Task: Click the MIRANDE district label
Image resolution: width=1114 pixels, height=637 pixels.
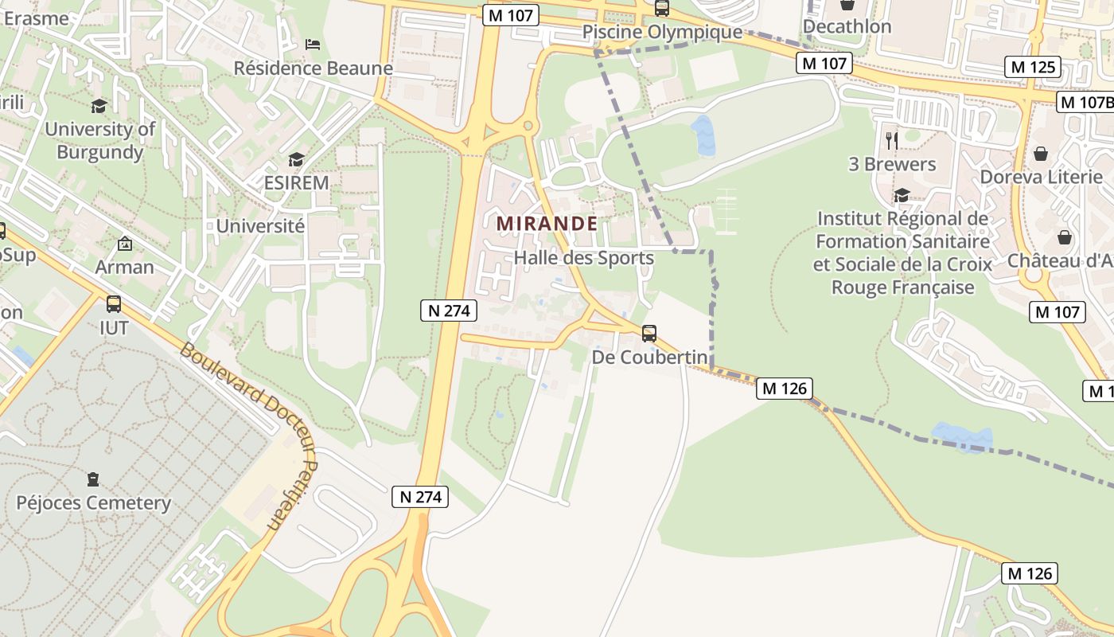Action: [x=547, y=224]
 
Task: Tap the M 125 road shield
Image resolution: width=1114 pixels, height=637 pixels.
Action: [x=1034, y=67]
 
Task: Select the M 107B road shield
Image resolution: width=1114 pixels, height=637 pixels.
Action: [x=1085, y=102]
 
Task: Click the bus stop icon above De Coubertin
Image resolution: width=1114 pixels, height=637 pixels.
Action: [x=649, y=334]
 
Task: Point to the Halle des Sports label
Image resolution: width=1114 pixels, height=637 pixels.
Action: [x=583, y=258]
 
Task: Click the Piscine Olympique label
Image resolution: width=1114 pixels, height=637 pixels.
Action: [x=662, y=33]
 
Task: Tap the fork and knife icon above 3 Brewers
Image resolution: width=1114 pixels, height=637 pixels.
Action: [x=891, y=141]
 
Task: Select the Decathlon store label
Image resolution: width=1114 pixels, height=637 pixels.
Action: [x=847, y=26]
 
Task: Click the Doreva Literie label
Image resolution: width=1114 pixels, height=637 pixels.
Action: [x=1041, y=177]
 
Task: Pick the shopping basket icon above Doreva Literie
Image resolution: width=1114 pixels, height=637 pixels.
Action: [x=1040, y=154]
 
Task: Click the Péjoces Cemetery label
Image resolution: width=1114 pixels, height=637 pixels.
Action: [x=94, y=502]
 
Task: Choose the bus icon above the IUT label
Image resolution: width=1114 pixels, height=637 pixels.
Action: [x=114, y=303]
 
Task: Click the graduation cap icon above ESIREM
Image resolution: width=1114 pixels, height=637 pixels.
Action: [x=296, y=160]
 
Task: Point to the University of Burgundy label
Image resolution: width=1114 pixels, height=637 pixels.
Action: [x=99, y=140]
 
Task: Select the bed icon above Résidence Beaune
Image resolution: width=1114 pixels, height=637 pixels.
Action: [x=313, y=45]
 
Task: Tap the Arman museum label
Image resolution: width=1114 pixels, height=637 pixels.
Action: [x=124, y=267]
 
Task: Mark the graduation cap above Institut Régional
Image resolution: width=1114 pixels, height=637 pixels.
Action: [x=902, y=195]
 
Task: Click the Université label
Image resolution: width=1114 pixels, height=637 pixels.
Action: [x=260, y=226]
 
